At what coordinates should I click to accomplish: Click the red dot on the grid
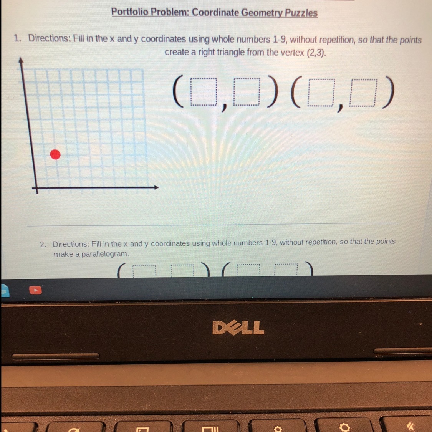(x=55, y=155)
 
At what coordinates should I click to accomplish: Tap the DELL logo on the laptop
(x=238, y=328)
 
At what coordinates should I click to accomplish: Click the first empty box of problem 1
(x=204, y=92)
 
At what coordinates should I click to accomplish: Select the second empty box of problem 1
(x=247, y=92)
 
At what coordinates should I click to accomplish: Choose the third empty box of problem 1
(x=321, y=93)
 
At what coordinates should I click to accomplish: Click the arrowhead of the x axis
(x=156, y=187)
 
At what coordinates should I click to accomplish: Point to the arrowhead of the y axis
(x=20, y=60)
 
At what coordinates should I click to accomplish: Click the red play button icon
(x=36, y=290)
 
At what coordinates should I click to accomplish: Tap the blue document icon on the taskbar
(x=5, y=290)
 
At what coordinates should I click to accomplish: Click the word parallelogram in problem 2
(x=105, y=254)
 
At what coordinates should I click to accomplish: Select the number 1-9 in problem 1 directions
(x=280, y=40)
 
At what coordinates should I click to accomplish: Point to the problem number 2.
(x=43, y=244)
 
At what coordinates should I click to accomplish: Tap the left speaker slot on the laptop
(x=55, y=356)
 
